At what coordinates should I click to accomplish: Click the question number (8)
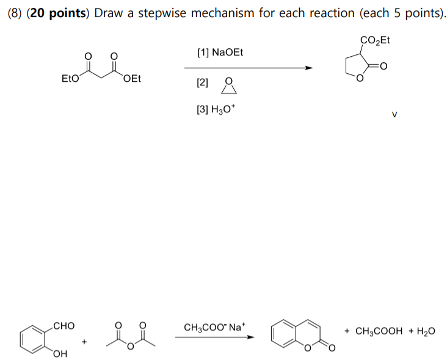[x=15, y=14]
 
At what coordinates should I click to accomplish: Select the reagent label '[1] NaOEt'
[x=220, y=52]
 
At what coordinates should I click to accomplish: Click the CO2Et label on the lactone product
[x=375, y=41]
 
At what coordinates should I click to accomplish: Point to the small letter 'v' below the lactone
[x=394, y=113]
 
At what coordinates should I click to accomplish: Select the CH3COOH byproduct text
[x=379, y=331]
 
